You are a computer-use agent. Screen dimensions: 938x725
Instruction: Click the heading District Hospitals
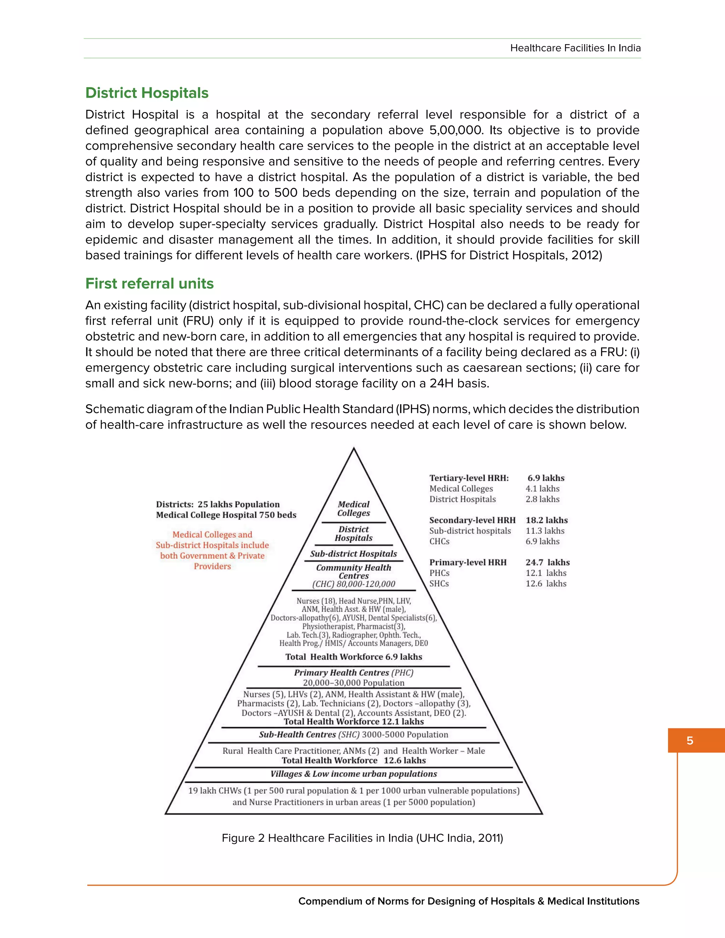click(x=147, y=93)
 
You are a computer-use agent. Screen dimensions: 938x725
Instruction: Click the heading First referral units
click(x=149, y=284)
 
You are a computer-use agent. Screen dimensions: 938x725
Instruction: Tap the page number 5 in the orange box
click(x=690, y=740)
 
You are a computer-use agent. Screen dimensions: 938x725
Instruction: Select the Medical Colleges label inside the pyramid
click(x=354, y=509)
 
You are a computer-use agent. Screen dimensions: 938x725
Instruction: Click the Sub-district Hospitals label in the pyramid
click(x=354, y=554)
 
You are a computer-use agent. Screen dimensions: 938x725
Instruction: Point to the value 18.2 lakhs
click(x=546, y=520)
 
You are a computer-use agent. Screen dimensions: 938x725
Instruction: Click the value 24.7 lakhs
click(x=548, y=562)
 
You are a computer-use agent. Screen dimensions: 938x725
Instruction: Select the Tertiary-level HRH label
click(x=469, y=478)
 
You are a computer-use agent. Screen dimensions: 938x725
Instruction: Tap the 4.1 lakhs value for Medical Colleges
click(x=542, y=488)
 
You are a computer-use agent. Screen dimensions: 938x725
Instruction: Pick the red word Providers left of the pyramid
click(x=212, y=566)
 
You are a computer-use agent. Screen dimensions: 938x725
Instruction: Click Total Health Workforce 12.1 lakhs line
click(x=354, y=721)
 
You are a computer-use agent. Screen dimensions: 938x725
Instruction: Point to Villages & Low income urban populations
click(x=354, y=774)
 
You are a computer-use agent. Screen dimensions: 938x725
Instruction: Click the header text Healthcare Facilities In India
click(x=575, y=48)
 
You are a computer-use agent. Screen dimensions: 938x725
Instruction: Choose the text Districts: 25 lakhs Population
click(x=218, y=504)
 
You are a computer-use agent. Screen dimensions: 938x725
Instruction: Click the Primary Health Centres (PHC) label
click(x=354, y=673)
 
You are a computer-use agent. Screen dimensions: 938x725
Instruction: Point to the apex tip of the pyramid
click(x=354, y=448)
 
